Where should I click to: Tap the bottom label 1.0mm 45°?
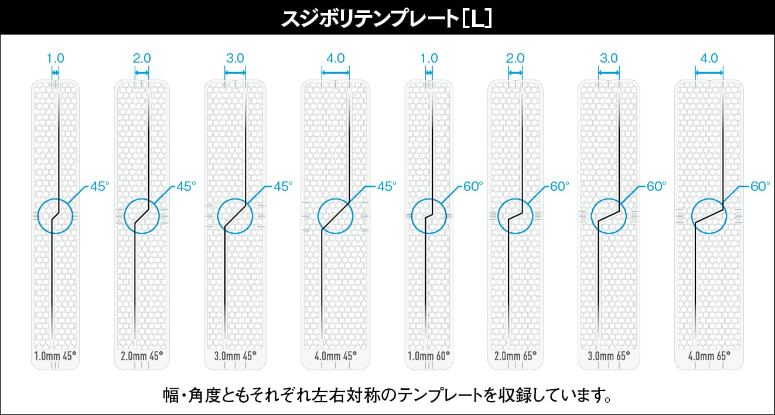tap(55, 355)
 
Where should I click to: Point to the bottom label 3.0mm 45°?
tap(235, 355)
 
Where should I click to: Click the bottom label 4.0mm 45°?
tap(336, 355)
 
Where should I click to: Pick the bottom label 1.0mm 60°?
tap(429, 355)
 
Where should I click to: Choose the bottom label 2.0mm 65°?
tap(515, 355)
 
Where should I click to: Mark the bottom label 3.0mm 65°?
tap(609, 355)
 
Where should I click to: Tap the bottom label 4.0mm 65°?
tap(709, 355)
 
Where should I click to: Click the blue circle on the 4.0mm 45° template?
tap(336, 215)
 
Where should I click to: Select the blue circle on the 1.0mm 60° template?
tap(429, 215)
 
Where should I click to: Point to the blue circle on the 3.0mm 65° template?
tap(609, 215)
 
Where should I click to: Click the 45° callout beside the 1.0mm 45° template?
tap(100, 187)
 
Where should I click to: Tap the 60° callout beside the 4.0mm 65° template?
tap(760, 187)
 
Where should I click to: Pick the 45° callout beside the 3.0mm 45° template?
tap(283, 187)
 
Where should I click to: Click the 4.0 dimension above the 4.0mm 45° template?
tap(336, 59)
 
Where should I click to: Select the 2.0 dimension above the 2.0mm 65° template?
tap(515, 59)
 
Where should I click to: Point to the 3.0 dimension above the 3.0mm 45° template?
tap(235, 59)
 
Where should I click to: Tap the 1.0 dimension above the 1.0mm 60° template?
tap(429, 59)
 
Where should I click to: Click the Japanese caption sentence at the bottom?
tap(387, 396)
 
